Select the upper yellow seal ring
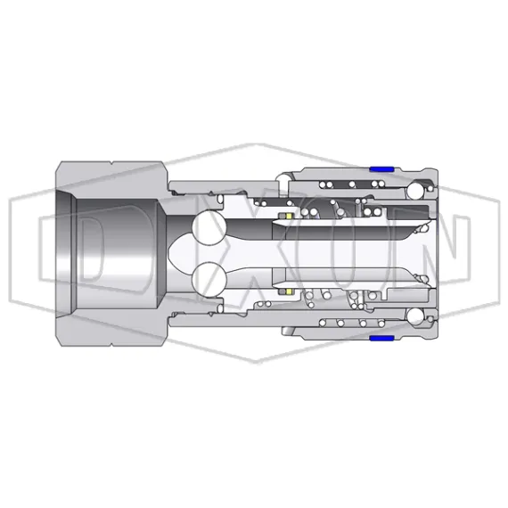[288, 217]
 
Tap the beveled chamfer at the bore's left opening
[67, 253]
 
